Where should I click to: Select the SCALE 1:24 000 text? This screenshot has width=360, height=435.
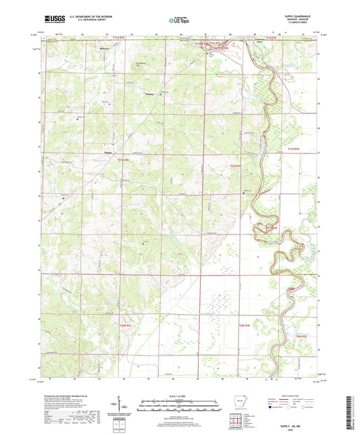178,396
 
